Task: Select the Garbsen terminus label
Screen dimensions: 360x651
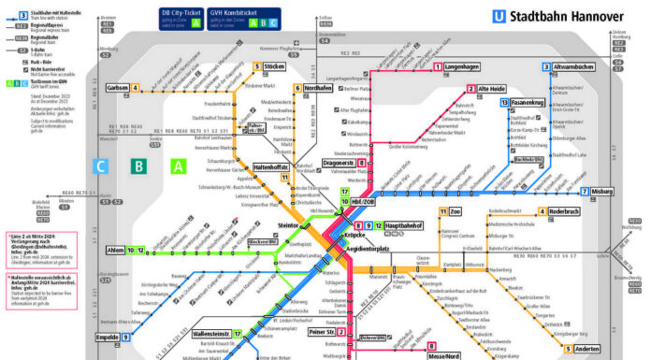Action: click(118, 88)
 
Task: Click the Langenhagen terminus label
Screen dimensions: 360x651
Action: click(465, 67)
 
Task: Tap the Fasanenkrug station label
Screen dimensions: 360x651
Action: click(528, 102)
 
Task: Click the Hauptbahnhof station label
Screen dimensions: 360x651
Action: click(409, 225)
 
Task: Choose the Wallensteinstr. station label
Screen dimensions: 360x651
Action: click(210, 333)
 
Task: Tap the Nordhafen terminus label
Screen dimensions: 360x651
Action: click(318, 88)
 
